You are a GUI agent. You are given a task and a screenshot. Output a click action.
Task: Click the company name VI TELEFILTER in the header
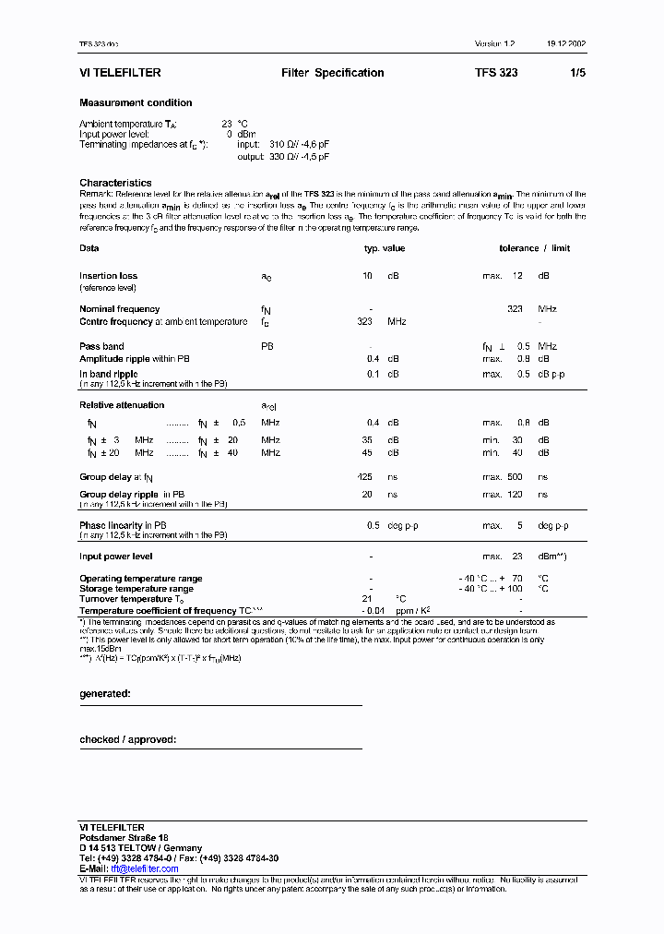(x=121, y=73)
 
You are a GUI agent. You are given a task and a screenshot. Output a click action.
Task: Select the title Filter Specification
(x=333, y=73)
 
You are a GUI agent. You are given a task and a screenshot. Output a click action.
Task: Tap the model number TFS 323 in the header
(x=496, y=73)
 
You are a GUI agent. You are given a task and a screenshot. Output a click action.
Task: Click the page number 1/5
(x=578, y=73)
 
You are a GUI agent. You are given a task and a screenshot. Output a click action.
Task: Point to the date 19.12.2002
(x=564, y=44)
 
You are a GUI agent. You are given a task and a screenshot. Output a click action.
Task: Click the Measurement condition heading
(x=136, y=103)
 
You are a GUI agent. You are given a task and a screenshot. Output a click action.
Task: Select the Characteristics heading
(x=115, y=183)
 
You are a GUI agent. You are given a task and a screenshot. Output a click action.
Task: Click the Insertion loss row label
(x=108, y=276)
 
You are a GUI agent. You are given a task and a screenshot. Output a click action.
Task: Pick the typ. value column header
(x=384, y=248)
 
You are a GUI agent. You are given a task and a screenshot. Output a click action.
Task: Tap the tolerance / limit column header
(x=535, y=248)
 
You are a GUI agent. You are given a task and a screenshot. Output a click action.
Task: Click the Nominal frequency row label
(x=119, y=309)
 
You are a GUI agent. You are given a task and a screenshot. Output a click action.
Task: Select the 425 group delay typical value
(x=364, y=477)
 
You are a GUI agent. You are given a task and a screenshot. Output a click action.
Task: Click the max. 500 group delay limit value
(x=503, y=477)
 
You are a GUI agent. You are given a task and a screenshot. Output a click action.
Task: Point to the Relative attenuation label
(x=122, y=405)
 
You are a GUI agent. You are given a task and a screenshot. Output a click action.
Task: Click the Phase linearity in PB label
(x=123, y=525)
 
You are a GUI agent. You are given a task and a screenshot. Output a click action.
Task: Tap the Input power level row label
(x=116, y=557)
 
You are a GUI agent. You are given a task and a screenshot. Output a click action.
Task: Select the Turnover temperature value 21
(x=366, y=600)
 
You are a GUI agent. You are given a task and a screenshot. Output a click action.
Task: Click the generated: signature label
(x=105, y=692)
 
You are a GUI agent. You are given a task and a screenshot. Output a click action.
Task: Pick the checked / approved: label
(x=127, y=739)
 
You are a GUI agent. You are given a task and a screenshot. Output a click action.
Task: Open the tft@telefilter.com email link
(x=145, y=868)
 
